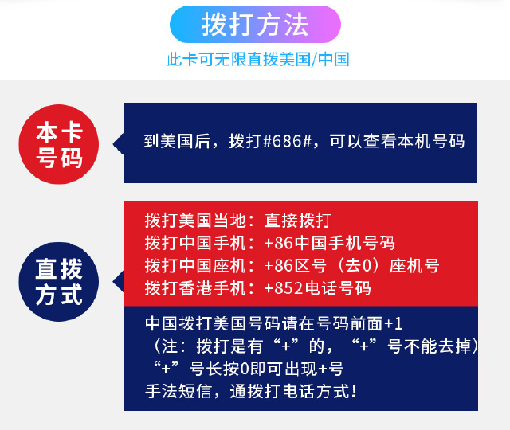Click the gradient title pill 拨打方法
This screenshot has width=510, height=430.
click(255, 25)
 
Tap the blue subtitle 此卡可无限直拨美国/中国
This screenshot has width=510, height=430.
click(258, 60)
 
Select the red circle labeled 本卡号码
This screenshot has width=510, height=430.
click(59, 144)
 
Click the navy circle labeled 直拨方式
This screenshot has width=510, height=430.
click(59, 282)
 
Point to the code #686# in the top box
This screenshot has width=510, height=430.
click(287, 141)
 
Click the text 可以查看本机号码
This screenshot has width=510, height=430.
click(397, 141)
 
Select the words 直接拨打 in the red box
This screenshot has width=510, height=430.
click(298, 221)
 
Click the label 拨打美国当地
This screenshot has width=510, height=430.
click(195, 221)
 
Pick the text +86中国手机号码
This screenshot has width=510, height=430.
click(330, 243)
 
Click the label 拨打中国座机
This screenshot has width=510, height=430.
click(195, 266)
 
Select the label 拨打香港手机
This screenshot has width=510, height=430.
click(195, 288)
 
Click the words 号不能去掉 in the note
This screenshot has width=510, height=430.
click(430, 346)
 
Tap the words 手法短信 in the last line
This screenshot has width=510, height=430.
click(178, 391)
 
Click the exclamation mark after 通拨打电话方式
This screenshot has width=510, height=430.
click(354, 391)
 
